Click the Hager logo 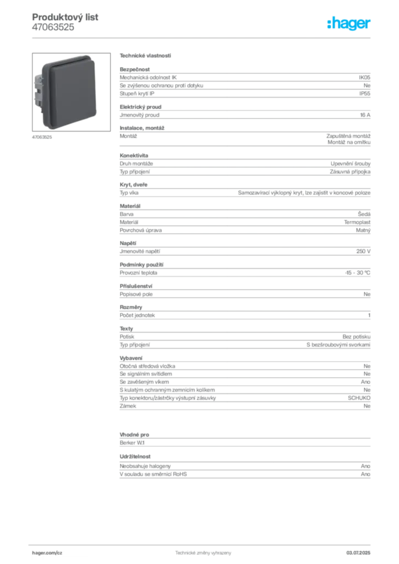pos(348,24)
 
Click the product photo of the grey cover pos(71,92)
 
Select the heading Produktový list pos(65,17)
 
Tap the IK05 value pos(364,77)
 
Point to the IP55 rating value pos(364,94)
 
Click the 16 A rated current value pos(365,115)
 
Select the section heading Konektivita pos(134,155)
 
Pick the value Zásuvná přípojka pos(350,172)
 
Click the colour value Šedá pos(364,214)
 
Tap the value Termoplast pos(357,223)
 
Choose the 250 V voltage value pos(363,251)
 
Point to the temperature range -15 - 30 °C pos(357,273)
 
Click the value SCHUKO pos(359,398)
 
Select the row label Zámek pos(128,406)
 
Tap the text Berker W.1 pos(132,443)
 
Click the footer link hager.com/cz pos(47,553)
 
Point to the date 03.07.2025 pos(358,553)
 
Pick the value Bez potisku pos(356,337)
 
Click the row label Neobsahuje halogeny pos(145,466)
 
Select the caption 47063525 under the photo pos(42,137)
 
